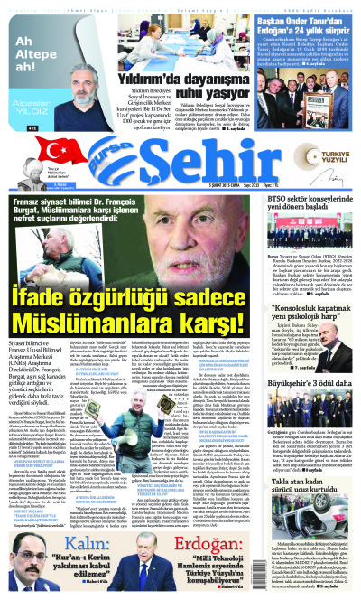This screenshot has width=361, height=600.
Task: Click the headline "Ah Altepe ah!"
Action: coord(24,55)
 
